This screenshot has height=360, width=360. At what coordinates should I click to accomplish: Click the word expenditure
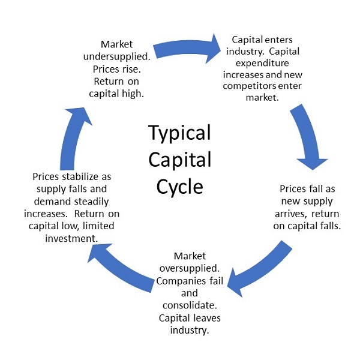click(x=263, y=63)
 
